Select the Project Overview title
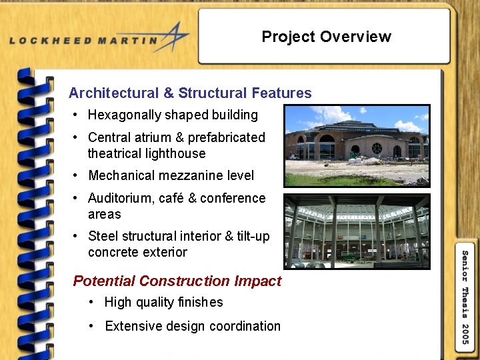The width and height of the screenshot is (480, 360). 326,37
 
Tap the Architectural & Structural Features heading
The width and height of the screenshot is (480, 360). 190,93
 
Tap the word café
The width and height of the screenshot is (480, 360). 175,199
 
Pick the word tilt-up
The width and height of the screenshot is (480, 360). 253,236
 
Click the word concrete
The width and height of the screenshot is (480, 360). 112,253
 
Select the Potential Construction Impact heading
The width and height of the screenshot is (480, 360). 177,281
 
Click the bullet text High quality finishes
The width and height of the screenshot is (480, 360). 163,303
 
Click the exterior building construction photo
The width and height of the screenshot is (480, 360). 357,146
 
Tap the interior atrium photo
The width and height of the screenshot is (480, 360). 357,231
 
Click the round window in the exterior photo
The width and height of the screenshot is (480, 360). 377,148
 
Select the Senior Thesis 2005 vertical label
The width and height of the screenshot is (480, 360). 465,297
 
